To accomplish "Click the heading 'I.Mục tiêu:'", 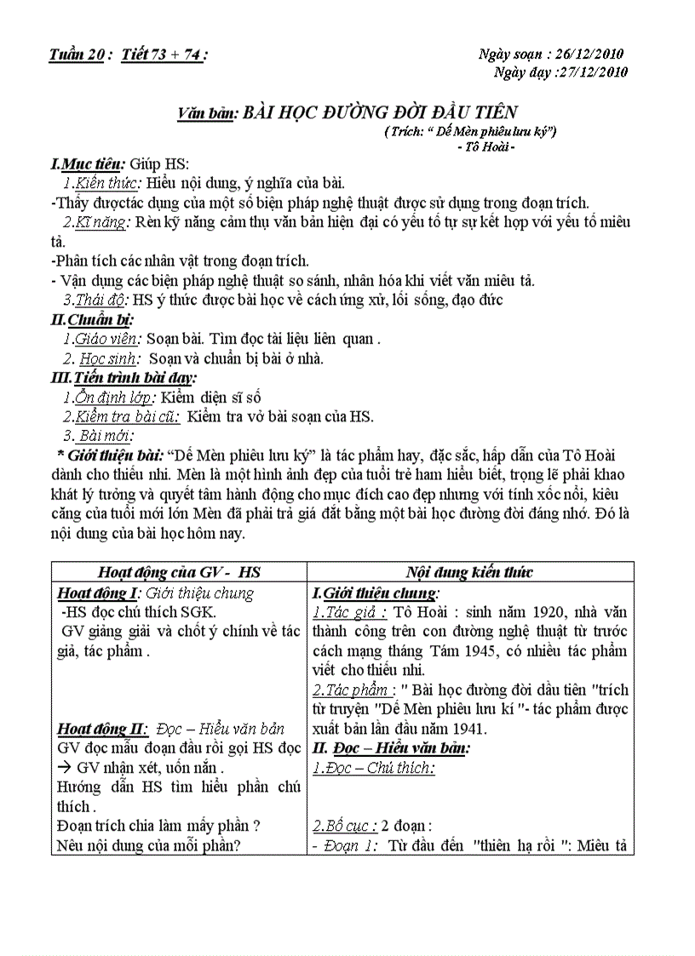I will coord(89,163).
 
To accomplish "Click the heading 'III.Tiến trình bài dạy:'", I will coord(124,377).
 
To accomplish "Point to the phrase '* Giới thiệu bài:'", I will coord(110,455).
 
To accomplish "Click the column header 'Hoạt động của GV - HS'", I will coord(180,572).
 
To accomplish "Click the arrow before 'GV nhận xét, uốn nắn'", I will coord(65,768).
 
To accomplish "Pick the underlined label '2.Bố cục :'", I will coord(346,827).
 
